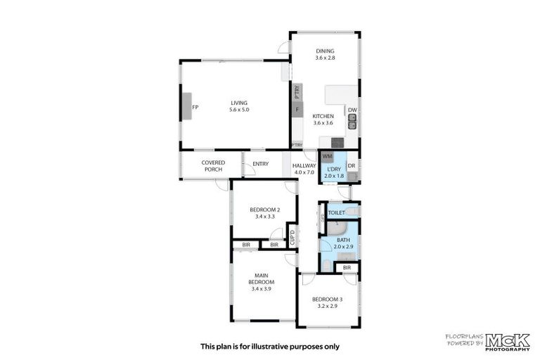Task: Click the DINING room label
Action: tap(325, 51)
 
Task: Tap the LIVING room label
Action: tap(239, 103)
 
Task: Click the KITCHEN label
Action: tap(323, 116)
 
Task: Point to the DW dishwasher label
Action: tap(352, 110)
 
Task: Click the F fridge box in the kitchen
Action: tap(297, 109)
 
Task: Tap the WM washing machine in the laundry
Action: tap(328, 156)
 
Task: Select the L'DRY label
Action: tap(334, 168)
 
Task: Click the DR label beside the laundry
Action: tap(352, 166)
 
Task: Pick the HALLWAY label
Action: tap(304, 166)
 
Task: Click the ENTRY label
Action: tap(261, 165)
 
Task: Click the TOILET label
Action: tap(336, 212)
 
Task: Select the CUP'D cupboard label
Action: tap(292, 239)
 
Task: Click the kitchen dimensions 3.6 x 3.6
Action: tap(323, 123)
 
